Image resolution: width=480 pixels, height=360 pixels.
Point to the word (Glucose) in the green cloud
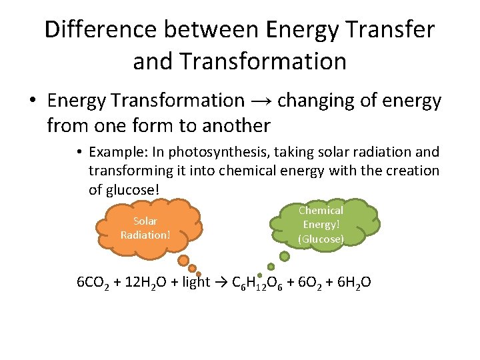tap(321, 239)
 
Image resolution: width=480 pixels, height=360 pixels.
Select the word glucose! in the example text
tap(124, 189)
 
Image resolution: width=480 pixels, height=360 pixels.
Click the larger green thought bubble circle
tap(285, 255)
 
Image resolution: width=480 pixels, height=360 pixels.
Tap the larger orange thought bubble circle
tap(183, 260)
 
